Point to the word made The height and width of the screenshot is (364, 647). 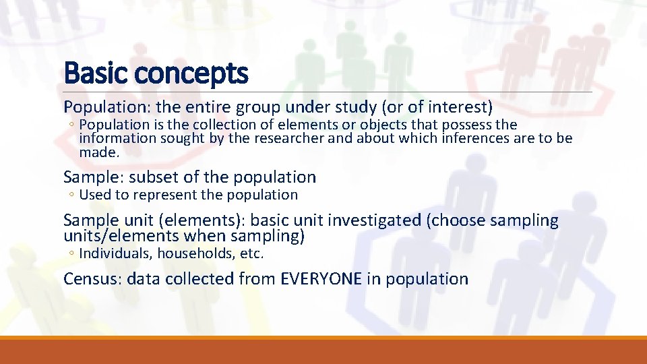pyautogui.click(x=98, y=152)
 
